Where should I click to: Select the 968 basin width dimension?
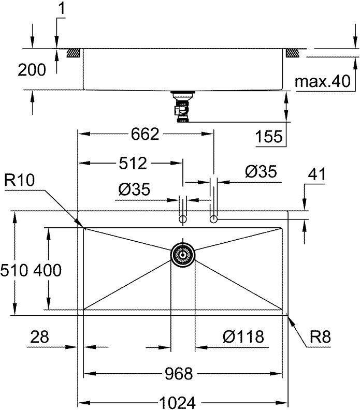pos(180,373)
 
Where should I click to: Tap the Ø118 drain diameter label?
pos(243,337)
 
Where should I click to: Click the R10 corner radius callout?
pos(19,180)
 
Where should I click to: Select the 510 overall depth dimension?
pos(12,270)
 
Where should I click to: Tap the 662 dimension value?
pos(145,134)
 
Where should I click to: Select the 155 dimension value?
pos(269,136)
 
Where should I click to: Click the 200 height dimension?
pos(32,70)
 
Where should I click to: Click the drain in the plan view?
pos(183,254)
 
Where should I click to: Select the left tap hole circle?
pos(183,220)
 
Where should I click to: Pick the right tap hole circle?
pos(213,220)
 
